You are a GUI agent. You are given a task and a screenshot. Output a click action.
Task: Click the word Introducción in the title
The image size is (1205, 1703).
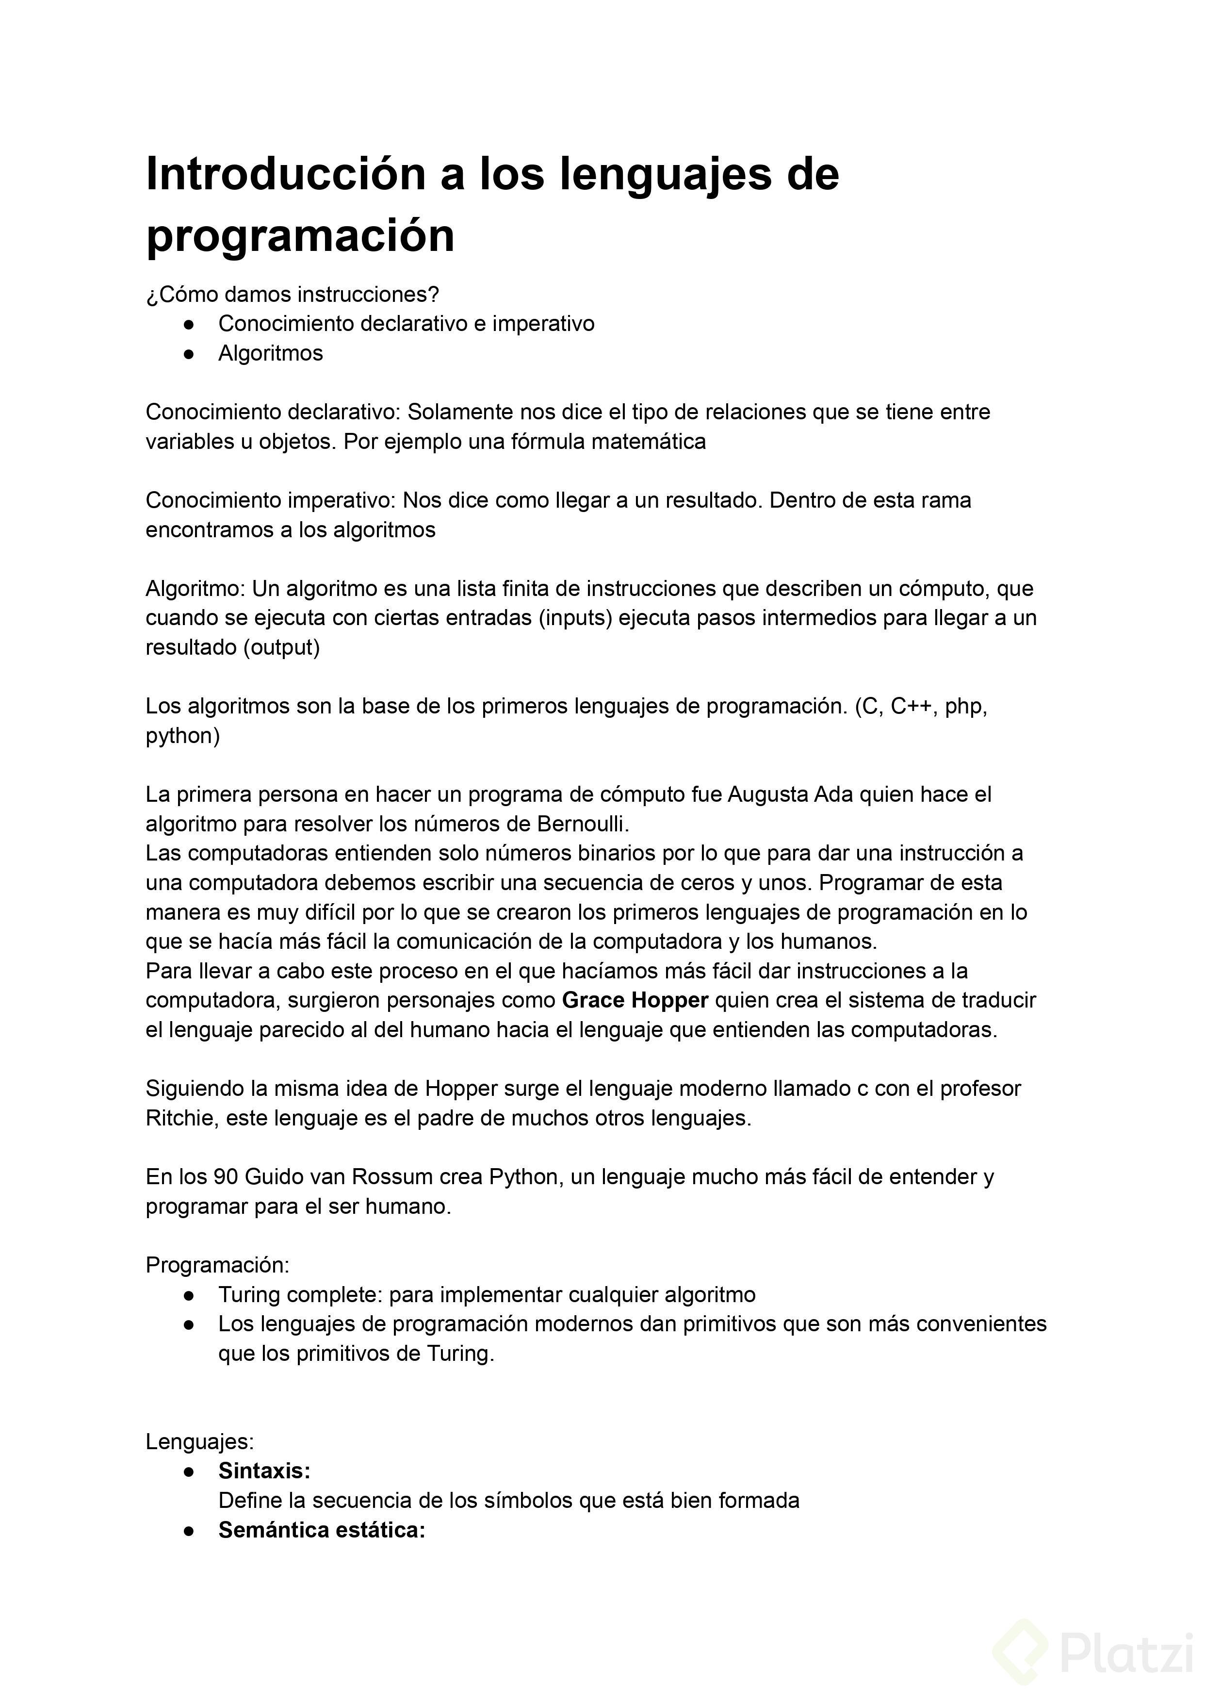(286, 174)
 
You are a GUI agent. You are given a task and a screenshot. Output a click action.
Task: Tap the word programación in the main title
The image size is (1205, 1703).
(300, 236)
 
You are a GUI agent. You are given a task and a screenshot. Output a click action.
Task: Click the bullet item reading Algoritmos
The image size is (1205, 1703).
(270, 353)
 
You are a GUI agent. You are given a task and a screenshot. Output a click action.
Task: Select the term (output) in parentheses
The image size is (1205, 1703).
(281, 647)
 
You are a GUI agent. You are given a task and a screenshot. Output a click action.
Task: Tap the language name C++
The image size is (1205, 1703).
(911, 706)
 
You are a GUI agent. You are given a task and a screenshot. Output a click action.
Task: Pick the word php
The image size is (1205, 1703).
(964, 706)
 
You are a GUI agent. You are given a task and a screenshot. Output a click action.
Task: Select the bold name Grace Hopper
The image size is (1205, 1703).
(635, 1001)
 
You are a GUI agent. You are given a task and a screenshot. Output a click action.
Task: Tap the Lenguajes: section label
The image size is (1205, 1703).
(199, 1442)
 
